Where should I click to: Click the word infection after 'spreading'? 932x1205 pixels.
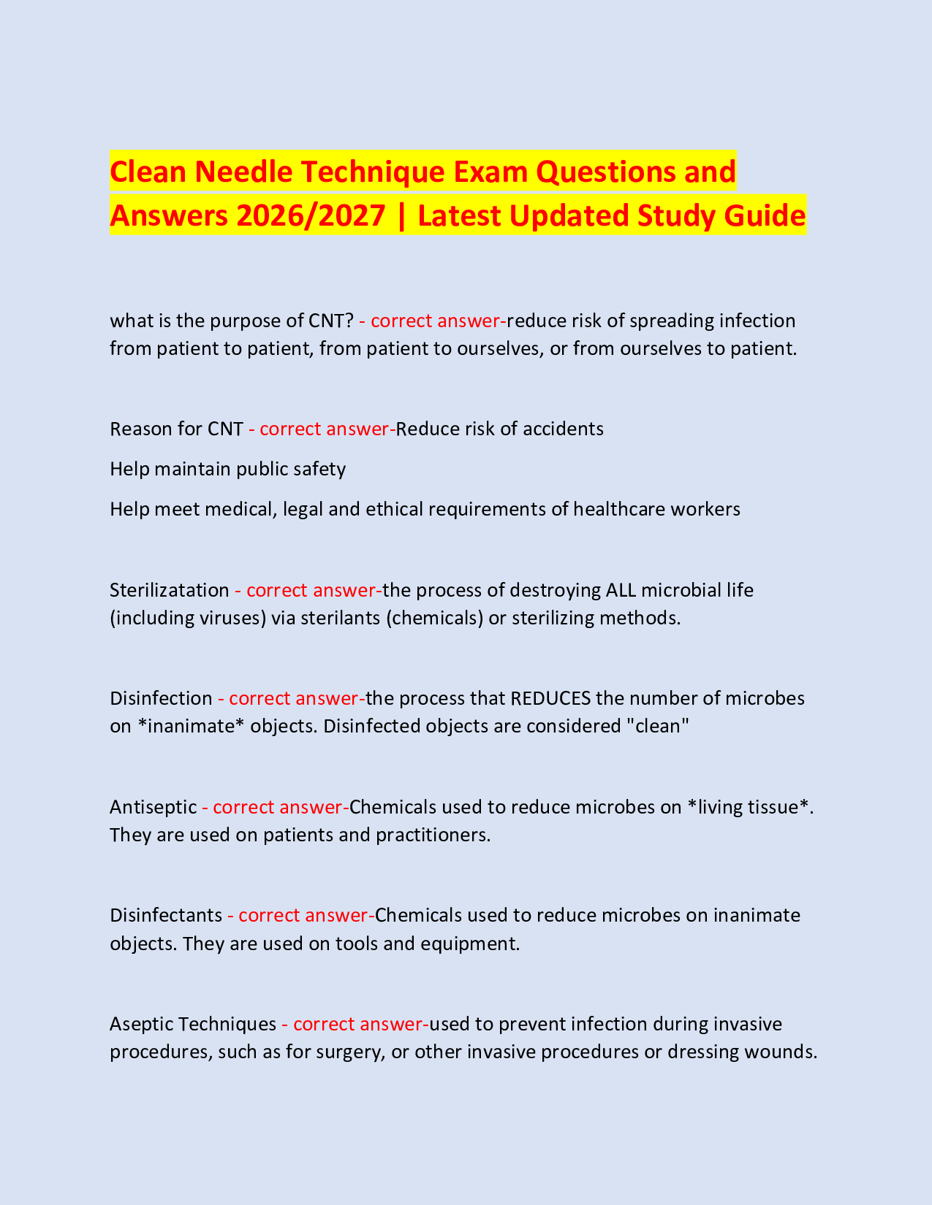pos(757,321)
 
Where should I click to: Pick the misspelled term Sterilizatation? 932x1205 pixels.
pos(170,590)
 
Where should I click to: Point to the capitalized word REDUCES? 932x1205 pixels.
pos(550,698)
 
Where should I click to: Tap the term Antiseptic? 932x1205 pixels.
pos(154,807)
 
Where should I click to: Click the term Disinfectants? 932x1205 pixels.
pos(166,915)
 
